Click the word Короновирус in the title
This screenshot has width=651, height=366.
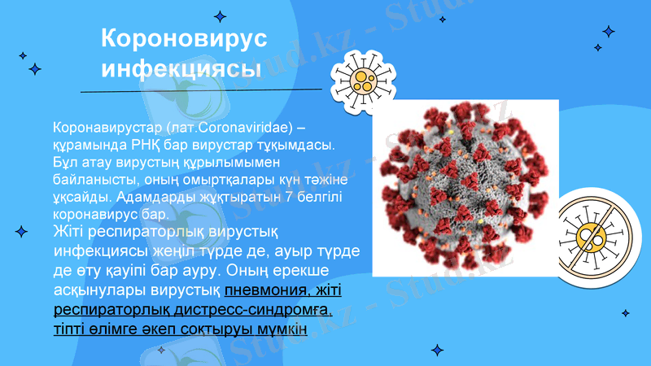[x=184, y=40]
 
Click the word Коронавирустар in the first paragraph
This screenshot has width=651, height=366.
[x=104, y=129]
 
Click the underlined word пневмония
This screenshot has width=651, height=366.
[x=264, y=290]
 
